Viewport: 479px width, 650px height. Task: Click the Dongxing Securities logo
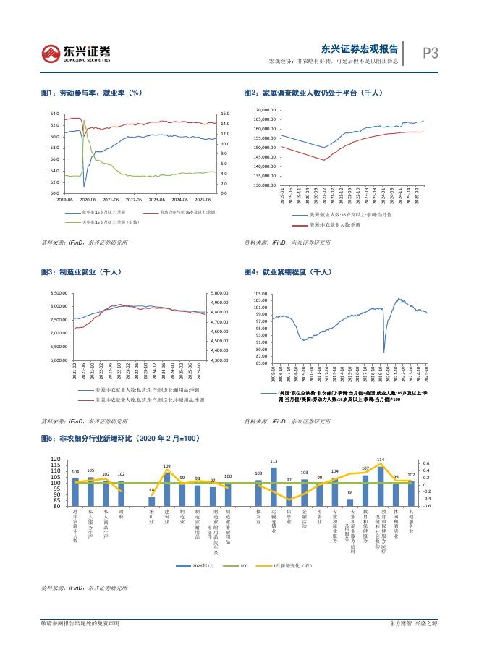tap(75, 51)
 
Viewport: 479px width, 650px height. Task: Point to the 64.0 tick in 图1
tap(54, 114)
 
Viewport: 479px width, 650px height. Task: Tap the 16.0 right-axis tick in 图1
tap(224, 114)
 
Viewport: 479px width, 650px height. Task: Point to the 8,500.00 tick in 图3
tap(58, 293)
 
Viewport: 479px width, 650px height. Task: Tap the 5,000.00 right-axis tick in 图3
tap(219, 293)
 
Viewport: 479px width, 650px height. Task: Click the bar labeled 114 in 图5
tap(380, 486)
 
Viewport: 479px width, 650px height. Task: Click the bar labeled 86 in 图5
tap(349, 502)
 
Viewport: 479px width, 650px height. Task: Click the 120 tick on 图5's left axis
tap(57, 460)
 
